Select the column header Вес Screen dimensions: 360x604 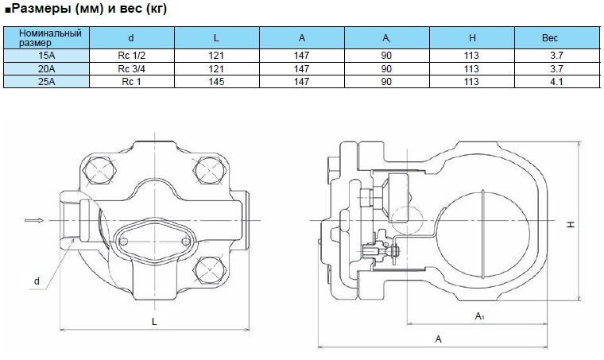550,37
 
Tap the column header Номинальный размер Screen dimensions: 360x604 47,37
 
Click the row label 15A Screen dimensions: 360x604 47,56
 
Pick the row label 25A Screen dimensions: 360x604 47,81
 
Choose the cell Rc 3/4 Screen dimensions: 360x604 131,68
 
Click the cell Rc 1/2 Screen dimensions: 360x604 131,56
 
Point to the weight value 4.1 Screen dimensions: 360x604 550,81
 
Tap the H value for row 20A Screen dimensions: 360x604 472,68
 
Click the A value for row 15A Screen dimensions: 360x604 301,56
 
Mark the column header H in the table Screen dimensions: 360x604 472,37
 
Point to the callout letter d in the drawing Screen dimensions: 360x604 37,281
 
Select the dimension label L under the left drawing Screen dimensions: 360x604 153,320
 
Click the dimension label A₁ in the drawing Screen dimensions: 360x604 479,316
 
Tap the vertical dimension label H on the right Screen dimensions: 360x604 570,225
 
